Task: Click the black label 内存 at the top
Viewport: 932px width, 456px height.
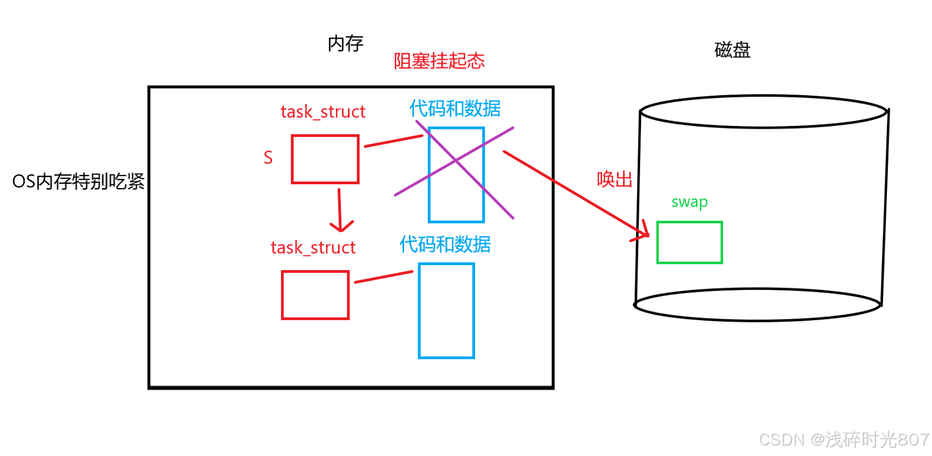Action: [x=345, y=43]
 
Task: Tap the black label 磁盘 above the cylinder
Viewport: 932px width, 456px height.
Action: [x=732, y=50]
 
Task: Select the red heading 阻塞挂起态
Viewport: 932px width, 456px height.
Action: [x=439, y=61]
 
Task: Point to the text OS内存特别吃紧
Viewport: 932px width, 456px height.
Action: [x=78, y=181]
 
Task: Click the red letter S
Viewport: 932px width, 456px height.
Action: [x=268, y=158]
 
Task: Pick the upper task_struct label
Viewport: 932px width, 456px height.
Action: [x=323, y=112]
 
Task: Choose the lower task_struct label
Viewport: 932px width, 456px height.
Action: [x=313, y=248]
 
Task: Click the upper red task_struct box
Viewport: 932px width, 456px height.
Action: [x=325, y=159]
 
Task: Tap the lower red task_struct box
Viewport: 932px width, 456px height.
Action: [x=315, y=295]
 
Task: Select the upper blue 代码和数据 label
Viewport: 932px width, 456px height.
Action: [x=455, y=108]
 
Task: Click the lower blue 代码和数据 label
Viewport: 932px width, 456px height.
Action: [x=445, y=244]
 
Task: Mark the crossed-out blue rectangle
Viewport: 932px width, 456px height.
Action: [x=456, y=174]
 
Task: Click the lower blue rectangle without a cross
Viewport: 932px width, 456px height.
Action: [x=446, y=311]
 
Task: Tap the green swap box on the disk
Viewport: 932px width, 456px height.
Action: [x=689, y=243]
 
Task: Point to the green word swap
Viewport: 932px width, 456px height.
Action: [x=689, y=202]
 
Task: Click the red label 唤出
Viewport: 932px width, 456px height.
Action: [x=614, y=179]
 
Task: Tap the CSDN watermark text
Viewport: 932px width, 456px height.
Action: [x=843, y=439]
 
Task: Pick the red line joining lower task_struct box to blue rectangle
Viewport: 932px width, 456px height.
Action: [x=383, y=277]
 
